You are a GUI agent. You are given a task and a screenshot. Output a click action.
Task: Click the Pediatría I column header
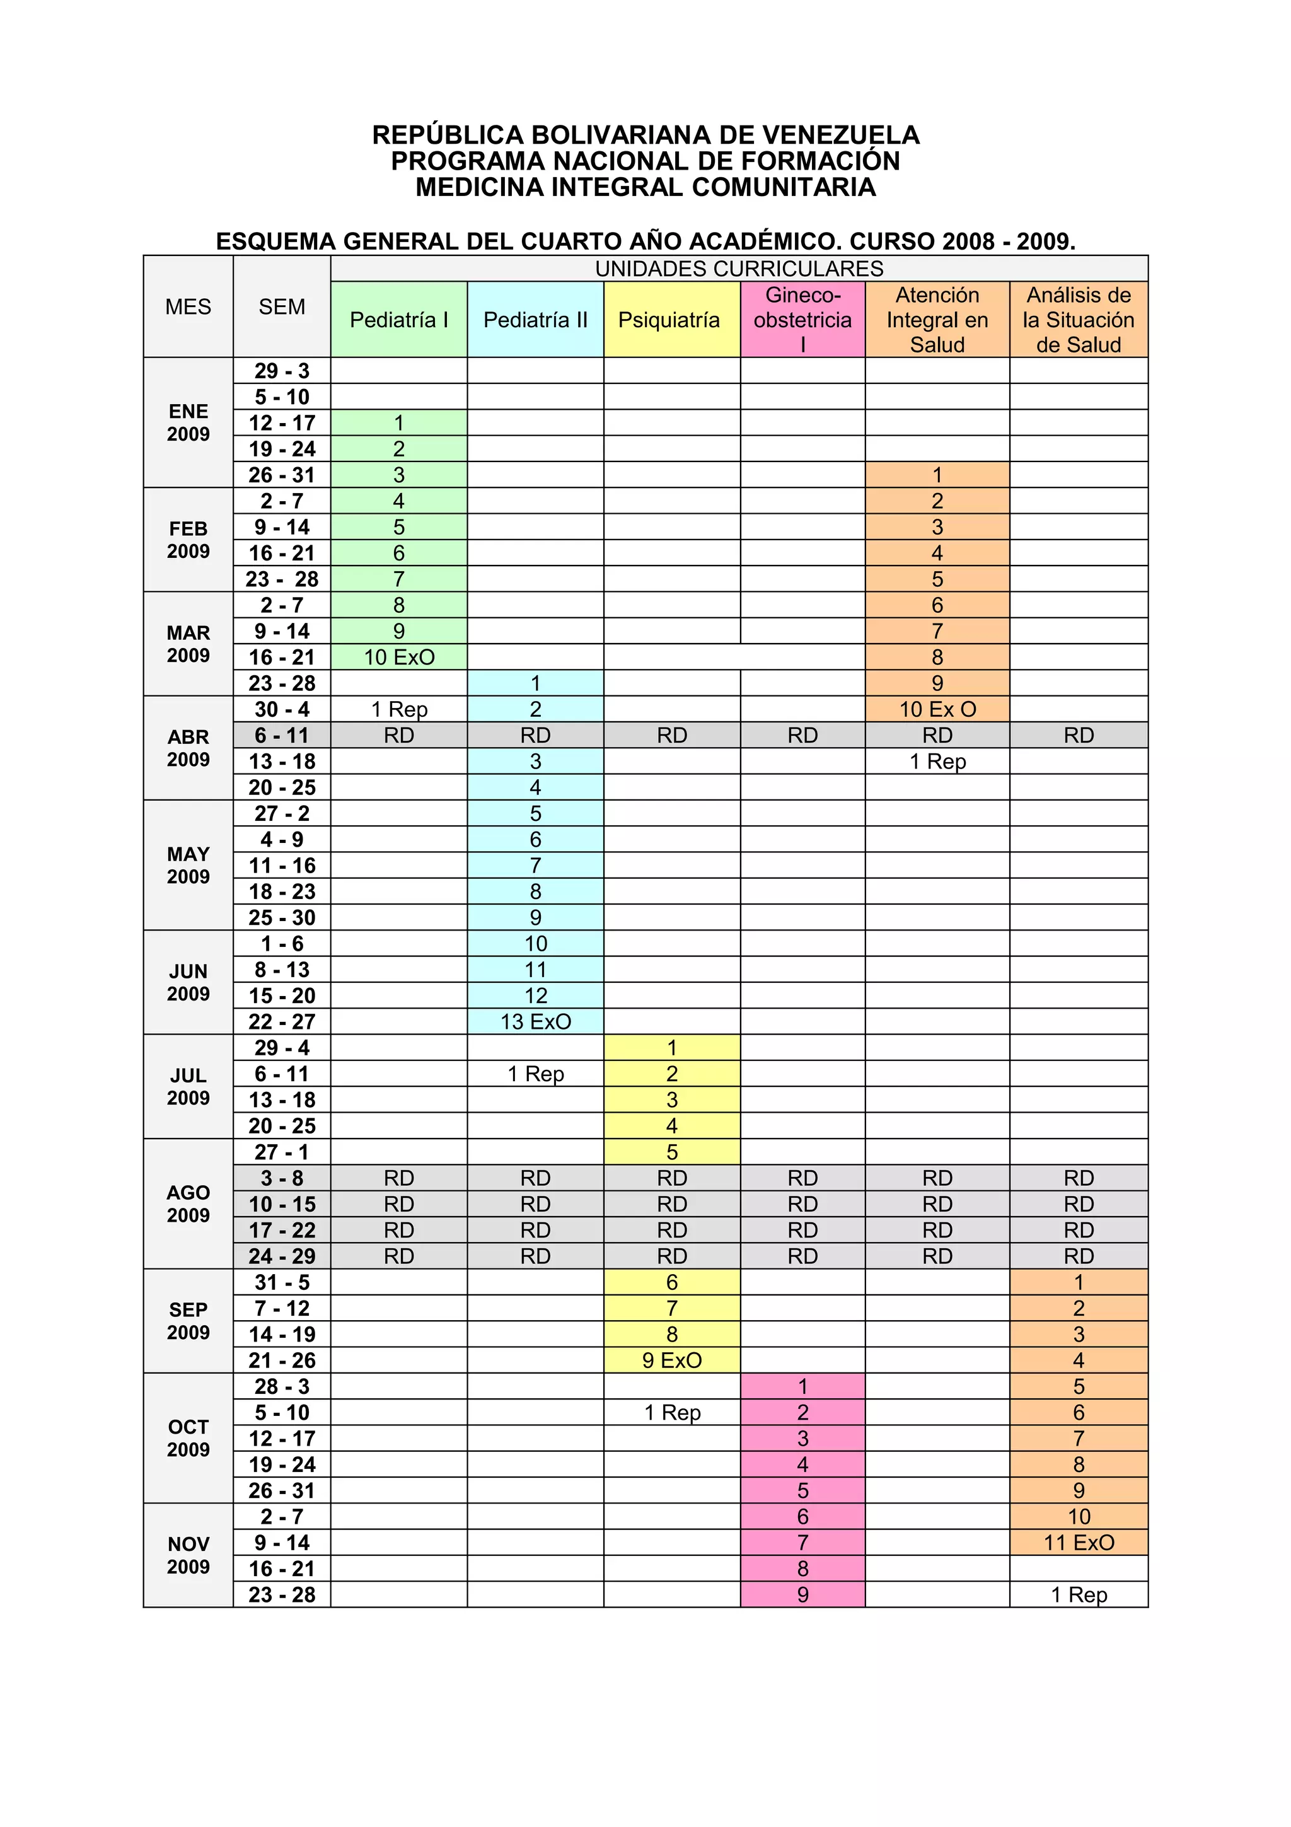398,320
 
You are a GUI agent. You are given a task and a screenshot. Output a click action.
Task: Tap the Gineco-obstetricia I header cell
802,320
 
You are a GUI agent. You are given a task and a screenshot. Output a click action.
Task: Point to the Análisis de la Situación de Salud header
1078,320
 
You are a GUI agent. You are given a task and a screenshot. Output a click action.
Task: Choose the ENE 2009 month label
188,422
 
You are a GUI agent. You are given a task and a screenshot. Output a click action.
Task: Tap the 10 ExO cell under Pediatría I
398,658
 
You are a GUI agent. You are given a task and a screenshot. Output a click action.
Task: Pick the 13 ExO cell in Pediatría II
535,1022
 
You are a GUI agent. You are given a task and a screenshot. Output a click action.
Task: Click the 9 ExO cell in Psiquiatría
672,1360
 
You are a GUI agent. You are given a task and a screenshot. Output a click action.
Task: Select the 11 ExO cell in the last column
1079,1543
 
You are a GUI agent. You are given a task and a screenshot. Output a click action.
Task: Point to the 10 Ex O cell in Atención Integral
937,710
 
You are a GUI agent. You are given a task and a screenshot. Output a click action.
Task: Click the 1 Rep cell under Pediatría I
398,710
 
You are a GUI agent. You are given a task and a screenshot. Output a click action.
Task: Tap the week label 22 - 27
282,1022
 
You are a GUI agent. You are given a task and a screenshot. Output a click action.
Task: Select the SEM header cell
282,307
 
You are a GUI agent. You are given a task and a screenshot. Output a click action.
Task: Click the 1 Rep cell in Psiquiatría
672,1412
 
